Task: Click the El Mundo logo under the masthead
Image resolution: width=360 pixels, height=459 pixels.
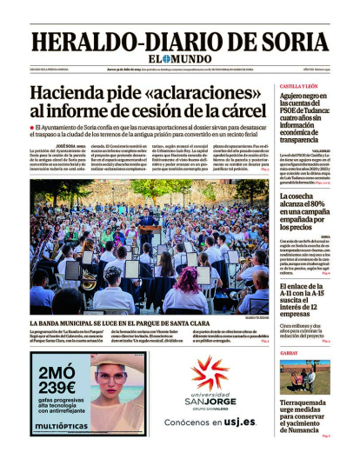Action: [179, 61]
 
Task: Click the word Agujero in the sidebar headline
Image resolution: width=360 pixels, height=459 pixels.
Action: [297, 98]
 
